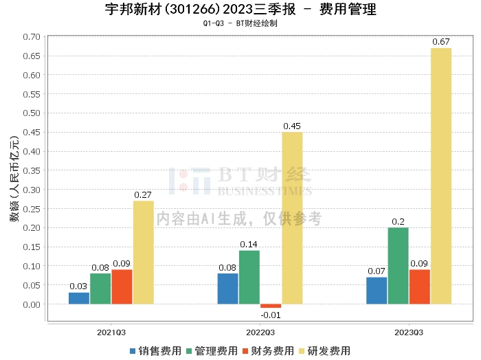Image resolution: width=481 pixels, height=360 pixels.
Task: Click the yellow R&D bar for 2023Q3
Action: point(441,176)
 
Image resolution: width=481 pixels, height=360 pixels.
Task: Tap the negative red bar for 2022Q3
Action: point(271,306)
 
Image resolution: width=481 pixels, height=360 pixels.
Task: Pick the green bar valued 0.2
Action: point(398,265)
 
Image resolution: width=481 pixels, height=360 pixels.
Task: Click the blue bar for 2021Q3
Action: point(79,298)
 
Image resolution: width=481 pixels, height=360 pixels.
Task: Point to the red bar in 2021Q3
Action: point(122,286)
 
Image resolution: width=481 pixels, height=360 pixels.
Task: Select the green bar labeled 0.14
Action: point(249,277)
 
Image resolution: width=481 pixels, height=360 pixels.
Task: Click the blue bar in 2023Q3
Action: point(377,290)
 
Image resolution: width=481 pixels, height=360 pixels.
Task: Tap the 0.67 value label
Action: point(441,42)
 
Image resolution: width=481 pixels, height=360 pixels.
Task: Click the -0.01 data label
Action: point(271,315)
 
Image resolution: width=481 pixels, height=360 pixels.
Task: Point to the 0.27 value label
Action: point(143,195)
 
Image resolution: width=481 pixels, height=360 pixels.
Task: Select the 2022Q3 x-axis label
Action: point(260,332)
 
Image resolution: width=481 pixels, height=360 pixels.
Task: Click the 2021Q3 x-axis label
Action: point(111,332)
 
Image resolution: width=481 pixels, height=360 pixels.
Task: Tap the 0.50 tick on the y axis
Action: point(32,113)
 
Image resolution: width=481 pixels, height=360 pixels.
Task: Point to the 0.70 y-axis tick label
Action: point(32,36)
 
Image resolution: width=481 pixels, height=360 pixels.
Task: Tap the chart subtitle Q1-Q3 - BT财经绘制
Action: point(240,23)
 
